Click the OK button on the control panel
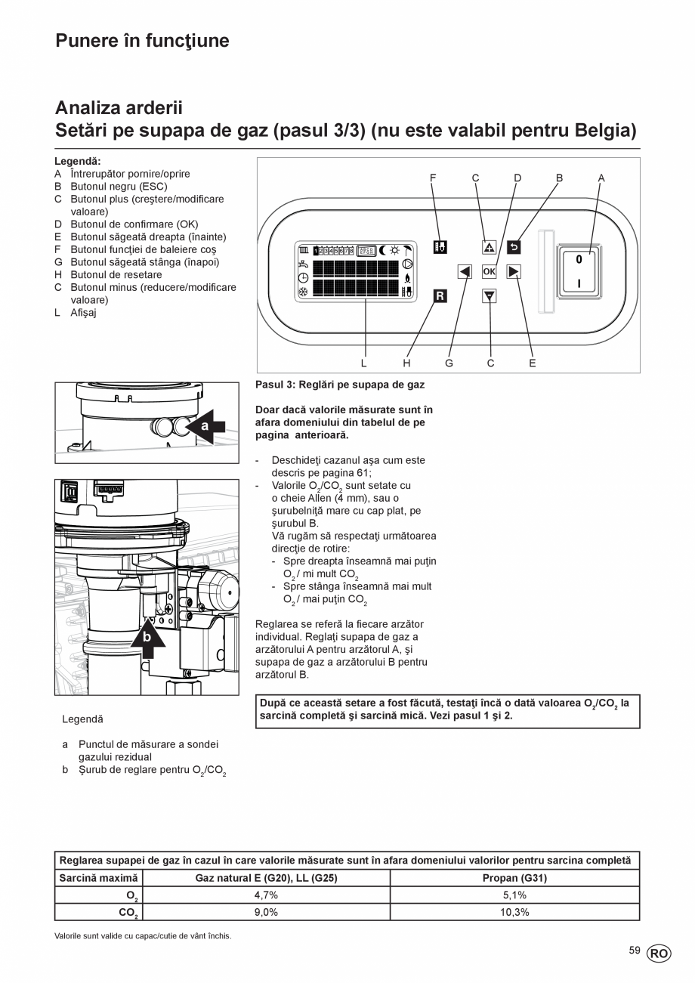point(489,271)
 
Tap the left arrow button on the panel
point(465,271)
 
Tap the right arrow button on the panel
point(514,271)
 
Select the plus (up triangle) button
point(489,247)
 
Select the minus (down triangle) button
point(489,295)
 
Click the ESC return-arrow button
point(514,247)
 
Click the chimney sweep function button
point(440,247)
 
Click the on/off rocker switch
point(579,270)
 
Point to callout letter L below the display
point(364,363)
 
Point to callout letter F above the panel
point(433,178)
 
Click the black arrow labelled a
point(208,426)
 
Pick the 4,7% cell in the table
point(266,895)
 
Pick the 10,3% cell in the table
point(514,912)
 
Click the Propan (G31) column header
point(514,878)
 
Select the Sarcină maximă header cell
point(99,878)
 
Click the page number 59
point(635,950)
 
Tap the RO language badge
point(659,954)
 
